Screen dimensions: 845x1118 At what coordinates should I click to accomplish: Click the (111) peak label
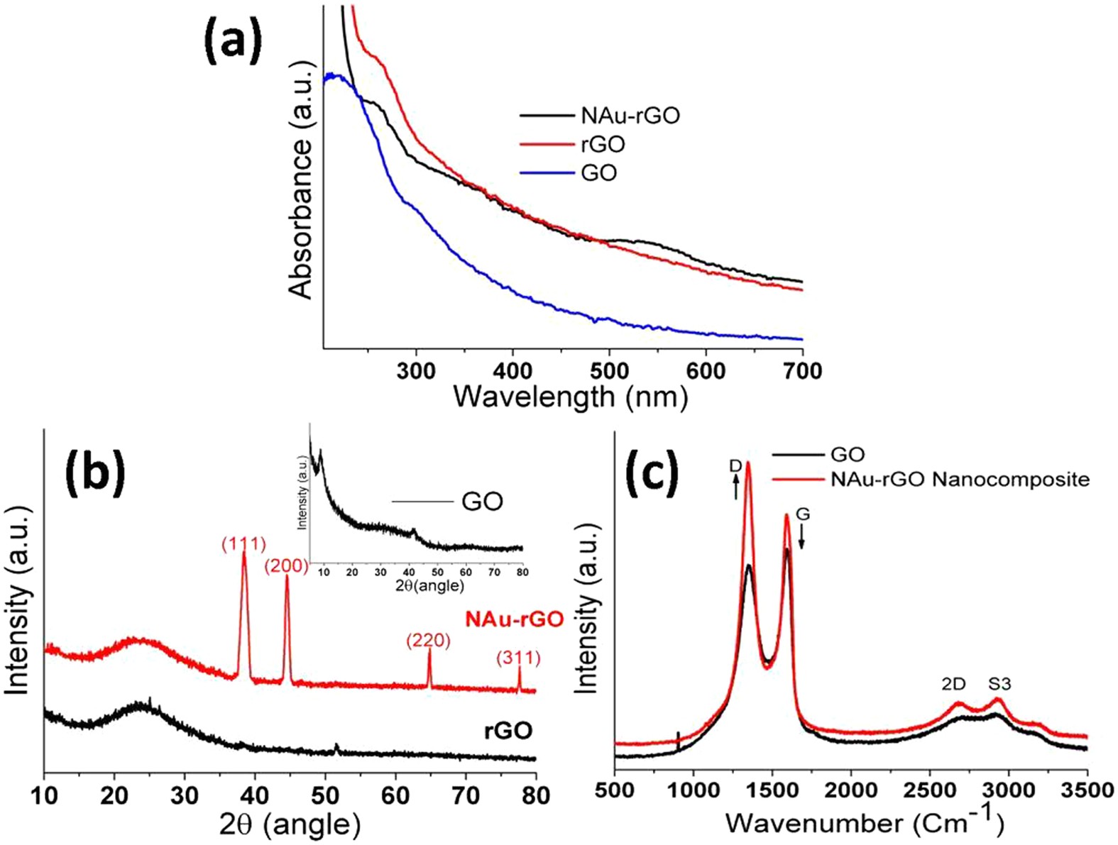[243, 544]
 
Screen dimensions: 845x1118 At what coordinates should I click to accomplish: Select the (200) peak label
[287, 566]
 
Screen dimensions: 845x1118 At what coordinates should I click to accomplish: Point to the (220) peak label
[428, 641]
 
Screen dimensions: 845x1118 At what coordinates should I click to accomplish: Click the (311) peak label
[518, 658]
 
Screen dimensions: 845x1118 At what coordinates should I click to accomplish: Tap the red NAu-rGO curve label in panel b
[514, 619]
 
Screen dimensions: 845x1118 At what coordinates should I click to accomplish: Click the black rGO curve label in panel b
[508, 731]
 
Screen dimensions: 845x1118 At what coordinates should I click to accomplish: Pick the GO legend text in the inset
[482, 502]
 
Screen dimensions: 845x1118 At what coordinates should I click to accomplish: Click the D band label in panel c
[735, 466]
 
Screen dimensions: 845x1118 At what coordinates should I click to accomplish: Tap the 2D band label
[953, 684]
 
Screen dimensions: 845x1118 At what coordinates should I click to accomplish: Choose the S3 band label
[999, 684]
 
